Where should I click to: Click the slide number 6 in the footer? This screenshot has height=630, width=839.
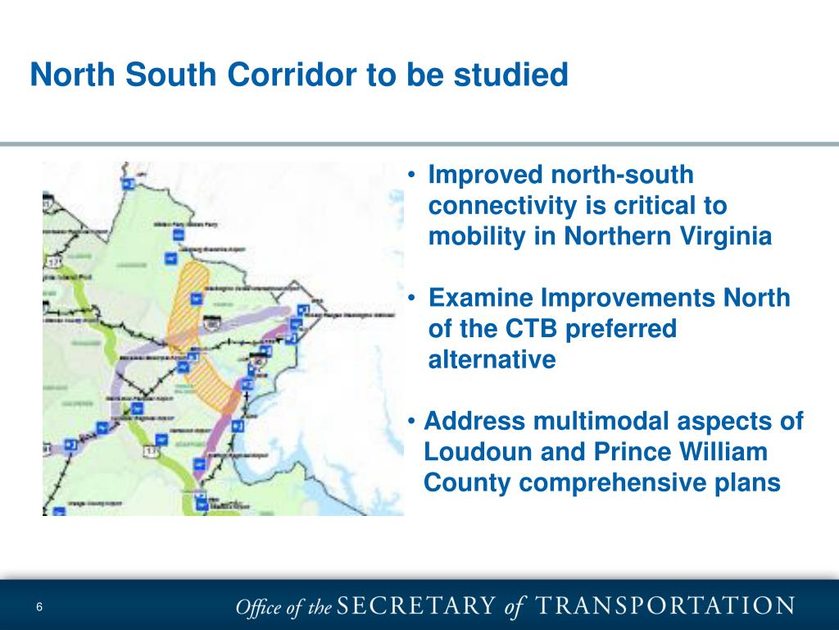coord(39,606)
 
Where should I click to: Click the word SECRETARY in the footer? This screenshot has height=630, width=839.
coord(417,606)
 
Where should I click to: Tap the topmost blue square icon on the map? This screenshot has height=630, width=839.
coord(127,184)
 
